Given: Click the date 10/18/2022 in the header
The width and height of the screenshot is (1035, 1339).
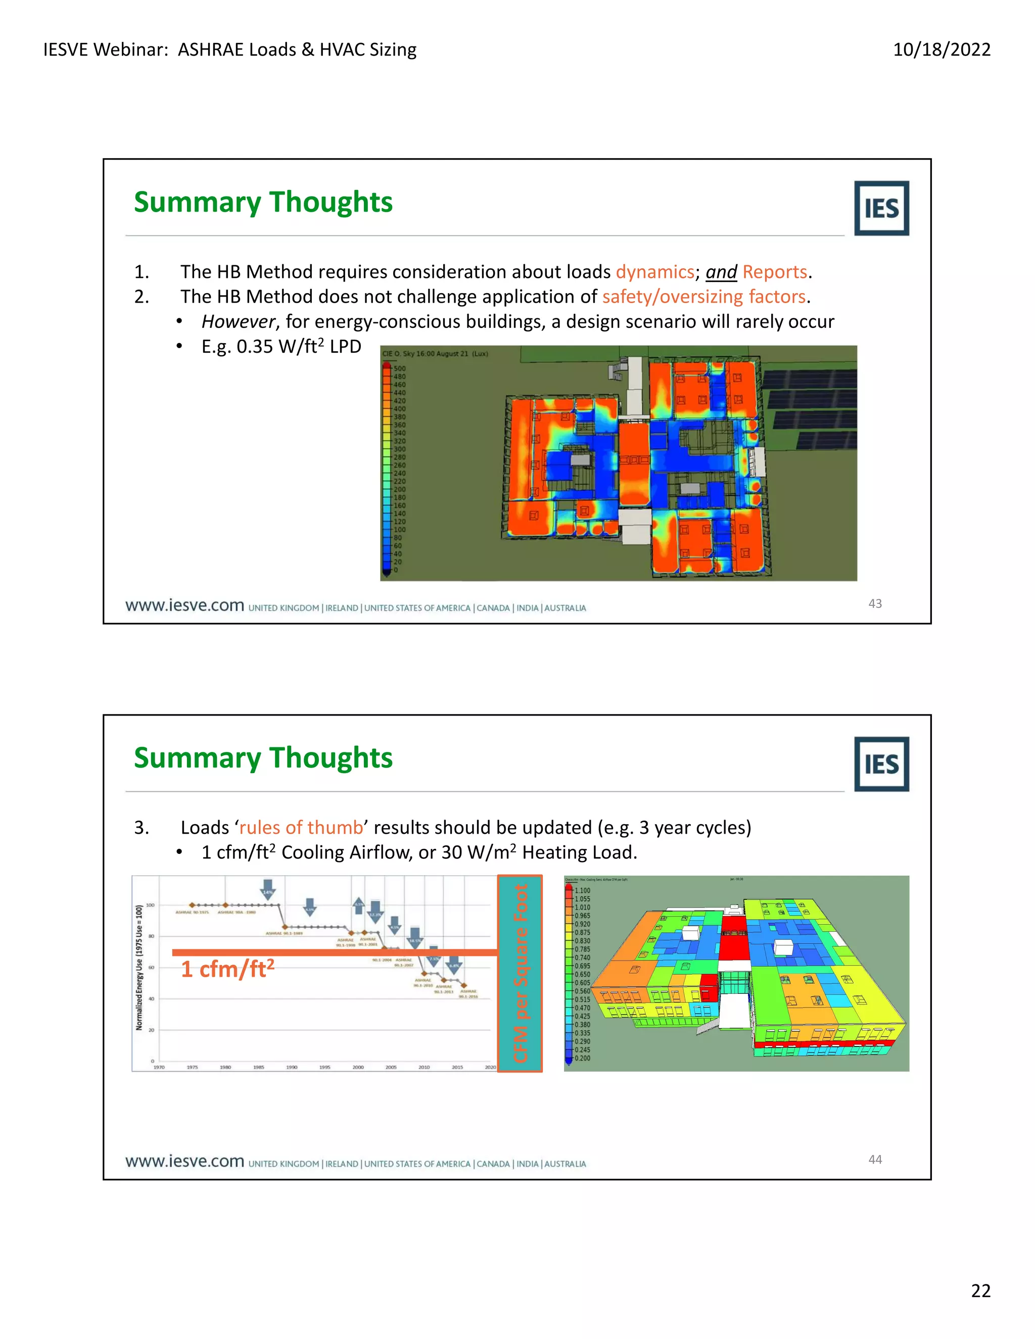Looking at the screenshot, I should (x=941, y=50).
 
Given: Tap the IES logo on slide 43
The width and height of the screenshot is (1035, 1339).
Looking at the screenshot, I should (x=881, y=209).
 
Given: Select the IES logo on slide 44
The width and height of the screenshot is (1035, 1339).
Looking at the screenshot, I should (x=881, y=764).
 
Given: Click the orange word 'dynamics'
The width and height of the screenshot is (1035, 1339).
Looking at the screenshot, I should (x=654, y=272).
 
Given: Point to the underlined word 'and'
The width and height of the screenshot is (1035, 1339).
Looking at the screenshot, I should (x=721, y=272).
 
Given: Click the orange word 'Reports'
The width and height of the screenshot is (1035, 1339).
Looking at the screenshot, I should (x=774, y=272).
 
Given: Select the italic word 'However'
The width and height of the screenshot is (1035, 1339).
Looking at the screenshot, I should (x=239, y=321).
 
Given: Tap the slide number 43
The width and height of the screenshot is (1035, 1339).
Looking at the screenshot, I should (x=875, y=604).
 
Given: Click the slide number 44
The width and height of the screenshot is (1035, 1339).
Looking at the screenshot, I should (x=875, y=1159).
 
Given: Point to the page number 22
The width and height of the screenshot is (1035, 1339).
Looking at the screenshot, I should (x=980, y=1290).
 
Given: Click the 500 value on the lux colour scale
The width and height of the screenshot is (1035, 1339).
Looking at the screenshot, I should (x=399, y=369).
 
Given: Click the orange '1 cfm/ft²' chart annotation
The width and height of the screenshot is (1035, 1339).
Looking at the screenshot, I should (x=227, y=969).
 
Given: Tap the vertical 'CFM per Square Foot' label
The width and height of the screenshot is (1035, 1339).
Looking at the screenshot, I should (x=520, y=973).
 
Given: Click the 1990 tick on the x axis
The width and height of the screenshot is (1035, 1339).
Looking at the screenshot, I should (x=292, y=1067).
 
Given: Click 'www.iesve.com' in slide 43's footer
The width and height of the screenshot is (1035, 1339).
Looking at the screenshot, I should (x=184, y=606).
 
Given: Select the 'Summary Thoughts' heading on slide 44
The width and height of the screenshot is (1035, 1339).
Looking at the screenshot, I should (x=263, y=758).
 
